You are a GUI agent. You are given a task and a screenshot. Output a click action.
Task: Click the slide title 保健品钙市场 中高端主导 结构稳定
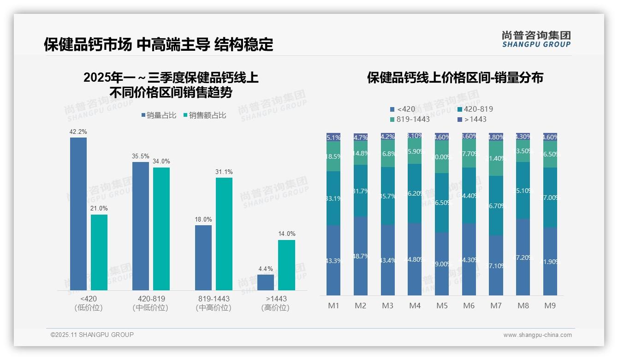pos(158,44)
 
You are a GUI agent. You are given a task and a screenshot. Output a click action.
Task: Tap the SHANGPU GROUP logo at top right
pos(536,39)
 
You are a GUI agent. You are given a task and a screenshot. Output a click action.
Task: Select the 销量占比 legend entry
pos(159,115)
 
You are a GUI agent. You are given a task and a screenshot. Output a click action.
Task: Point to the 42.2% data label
pos(78,132)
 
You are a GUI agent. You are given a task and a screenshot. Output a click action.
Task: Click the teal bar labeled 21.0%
pos(99,252)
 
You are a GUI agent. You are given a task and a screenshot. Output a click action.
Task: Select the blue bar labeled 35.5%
pos(141,226)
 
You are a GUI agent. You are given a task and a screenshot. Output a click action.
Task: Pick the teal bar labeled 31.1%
pos(224,234)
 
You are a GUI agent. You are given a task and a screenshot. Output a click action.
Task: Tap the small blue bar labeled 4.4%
pos(266,282)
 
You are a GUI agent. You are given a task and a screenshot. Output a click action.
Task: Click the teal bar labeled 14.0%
pos(286,265)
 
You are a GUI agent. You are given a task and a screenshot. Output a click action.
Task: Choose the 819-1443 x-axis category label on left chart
pos(214,299)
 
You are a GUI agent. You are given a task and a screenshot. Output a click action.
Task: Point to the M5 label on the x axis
pos(442,306)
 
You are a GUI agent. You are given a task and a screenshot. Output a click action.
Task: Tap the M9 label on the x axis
pos(550,306)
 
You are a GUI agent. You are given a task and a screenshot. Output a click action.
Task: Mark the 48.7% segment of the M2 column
pos(361,256)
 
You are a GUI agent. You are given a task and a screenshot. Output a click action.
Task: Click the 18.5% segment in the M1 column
pos(333,156)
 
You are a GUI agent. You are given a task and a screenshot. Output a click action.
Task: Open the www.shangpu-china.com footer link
pos(537,335)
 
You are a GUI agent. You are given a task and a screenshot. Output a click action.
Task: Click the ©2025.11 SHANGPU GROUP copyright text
pos(92,335)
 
